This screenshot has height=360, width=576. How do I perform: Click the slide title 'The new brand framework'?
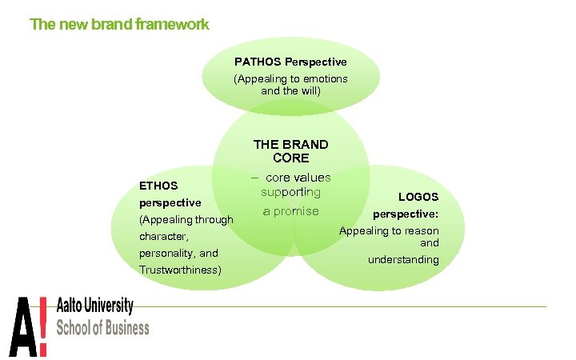click(x=119, y=24)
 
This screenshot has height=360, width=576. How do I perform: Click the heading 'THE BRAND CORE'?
click(x=290, y=151)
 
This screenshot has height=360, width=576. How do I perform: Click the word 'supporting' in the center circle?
click(x=290, y=193)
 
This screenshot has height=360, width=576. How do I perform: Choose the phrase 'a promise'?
click(x=291, y=211)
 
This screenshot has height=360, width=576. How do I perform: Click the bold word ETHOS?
click(x=158, y=186)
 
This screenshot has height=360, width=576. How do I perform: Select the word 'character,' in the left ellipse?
click(x=163, y=237)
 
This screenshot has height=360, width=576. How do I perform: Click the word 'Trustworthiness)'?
click(x=180, y=270)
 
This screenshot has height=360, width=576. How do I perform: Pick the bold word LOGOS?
click(x=418, y=197)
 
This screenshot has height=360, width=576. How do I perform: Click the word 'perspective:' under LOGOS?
click(x=406, y=214)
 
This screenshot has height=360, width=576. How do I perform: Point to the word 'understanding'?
click(x=403, y=260)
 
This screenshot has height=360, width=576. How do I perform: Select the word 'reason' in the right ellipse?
click(x=421, y=231)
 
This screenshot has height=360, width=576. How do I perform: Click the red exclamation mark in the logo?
click(x=42, y=326)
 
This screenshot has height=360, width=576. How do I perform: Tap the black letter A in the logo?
click(x=22, y=326)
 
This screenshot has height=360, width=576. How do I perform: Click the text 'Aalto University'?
click(x=94, y=306)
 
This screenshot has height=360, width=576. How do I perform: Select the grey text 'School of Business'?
click(x=102, y=328)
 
